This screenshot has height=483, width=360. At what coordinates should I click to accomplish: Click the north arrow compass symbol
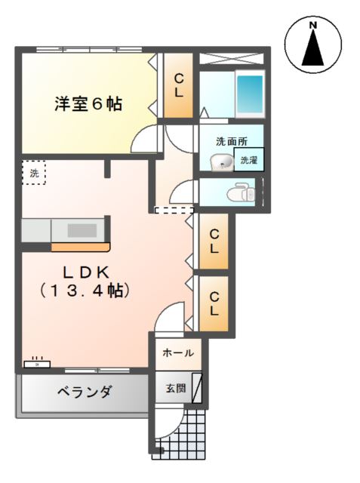312,46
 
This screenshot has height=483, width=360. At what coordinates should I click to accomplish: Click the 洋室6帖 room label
88,104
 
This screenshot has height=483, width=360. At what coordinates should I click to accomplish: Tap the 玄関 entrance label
175,389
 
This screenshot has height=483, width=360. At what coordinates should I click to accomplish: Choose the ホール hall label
178,352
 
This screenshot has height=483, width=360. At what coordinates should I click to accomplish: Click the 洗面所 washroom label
231,141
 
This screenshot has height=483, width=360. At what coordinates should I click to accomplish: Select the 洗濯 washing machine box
249,160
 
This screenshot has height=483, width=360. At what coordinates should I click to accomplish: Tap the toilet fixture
241,192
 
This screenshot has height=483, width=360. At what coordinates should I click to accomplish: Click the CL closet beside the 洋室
179,86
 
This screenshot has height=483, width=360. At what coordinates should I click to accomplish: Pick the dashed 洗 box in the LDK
33,173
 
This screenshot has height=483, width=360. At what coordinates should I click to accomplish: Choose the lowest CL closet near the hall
214,303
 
